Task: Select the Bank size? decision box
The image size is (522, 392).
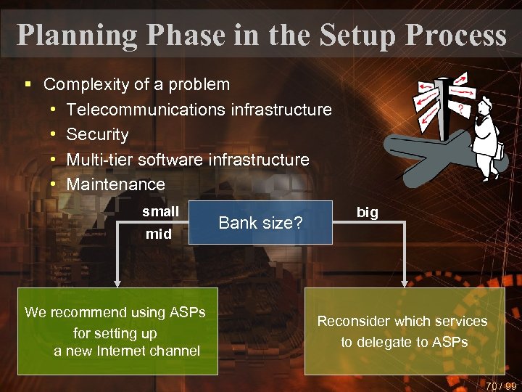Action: tap(260, 223)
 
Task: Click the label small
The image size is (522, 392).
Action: tap(160, 211)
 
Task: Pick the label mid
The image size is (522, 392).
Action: tap(159, 234)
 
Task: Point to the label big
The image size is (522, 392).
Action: tap(367, 212)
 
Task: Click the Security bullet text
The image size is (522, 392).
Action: tap(97, 134)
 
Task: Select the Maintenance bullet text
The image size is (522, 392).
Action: tap(115, 184)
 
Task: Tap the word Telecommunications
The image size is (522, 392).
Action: tap(146, 110)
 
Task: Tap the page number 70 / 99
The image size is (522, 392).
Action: tap(501, 385)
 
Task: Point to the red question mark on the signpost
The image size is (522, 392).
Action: tap(459, 107)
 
